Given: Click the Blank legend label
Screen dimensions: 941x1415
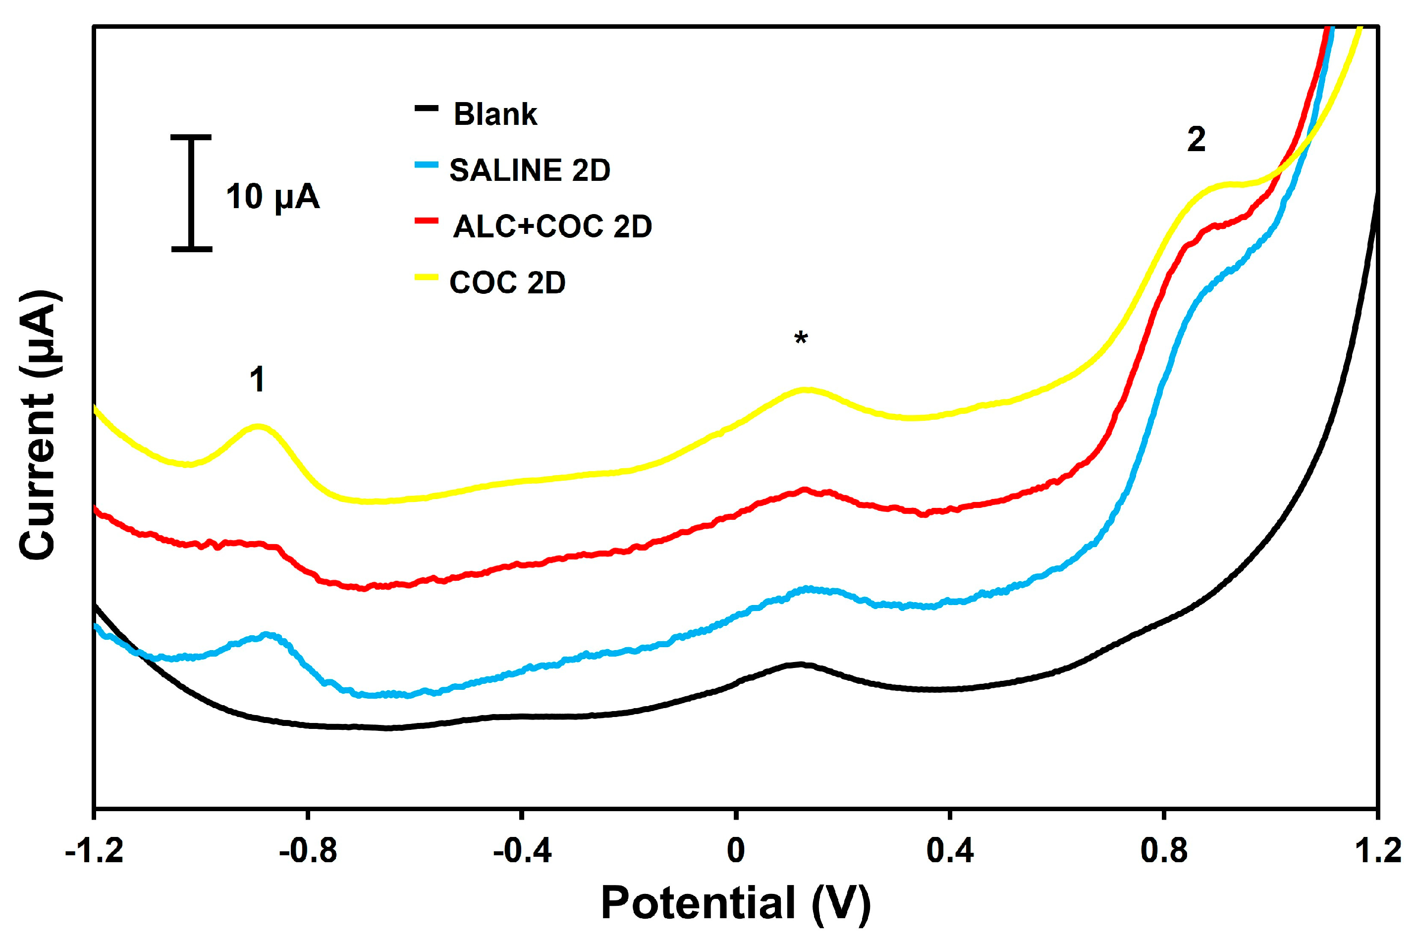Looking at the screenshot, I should (x=494, y=114).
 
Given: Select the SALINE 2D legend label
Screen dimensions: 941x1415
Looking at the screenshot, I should (x=529, y=170).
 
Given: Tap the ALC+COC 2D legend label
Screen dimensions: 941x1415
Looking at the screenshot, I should (x=552, y=226).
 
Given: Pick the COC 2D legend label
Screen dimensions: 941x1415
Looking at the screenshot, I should (x=507, y=282).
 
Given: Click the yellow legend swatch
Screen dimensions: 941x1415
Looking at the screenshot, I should (x=426, y=277).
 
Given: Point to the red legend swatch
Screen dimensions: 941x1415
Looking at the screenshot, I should (x=426, y=220).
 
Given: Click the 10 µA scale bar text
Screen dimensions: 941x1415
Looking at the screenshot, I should (x=272, y=196).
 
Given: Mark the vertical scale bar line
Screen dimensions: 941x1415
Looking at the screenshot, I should (x=191, y=193).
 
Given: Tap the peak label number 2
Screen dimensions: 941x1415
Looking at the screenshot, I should (x=1196, y=140).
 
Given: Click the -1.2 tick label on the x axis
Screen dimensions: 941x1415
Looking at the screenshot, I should (x=94, y=851).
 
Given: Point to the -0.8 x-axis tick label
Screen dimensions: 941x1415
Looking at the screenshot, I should (x=308, y=851).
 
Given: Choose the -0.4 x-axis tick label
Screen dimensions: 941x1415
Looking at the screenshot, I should (x=522, y=851).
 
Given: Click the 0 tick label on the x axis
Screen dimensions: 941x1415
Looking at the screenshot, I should (x=736, y=851).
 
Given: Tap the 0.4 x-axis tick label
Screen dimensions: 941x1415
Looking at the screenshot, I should (x=950, y=851).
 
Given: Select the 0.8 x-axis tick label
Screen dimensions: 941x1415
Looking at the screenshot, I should (x=1164, y=851).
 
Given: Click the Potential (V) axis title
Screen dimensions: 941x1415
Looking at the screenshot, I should (x=736, y=904).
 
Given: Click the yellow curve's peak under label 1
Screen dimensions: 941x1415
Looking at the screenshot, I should (x=259, y=427).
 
